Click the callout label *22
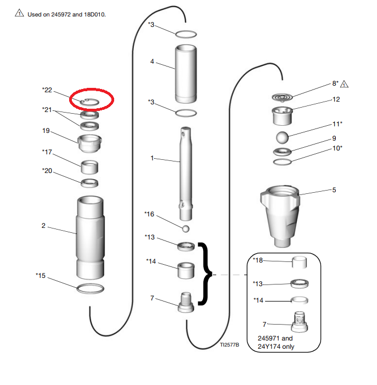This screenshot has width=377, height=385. coord(47,90)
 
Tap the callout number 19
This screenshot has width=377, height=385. coord(46,131)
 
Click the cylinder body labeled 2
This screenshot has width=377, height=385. coord(91,237)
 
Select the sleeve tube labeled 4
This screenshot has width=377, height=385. coord(185,74)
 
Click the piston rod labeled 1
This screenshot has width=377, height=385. coord(185,174)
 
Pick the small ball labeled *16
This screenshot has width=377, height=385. coord(185,229)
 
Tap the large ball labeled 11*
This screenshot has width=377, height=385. coord(282,137)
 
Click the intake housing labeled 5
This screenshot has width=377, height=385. coord(280,216)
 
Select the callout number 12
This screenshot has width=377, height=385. coord(336,99)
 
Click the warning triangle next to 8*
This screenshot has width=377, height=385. coord(345,84)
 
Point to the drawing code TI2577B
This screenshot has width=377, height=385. coord(229,345)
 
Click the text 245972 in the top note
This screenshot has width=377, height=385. coord(61,14)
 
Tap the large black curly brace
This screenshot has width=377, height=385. coord(206,274)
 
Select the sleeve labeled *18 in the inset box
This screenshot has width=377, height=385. coord(299,263)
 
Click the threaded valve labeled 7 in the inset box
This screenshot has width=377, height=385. coord(299,322)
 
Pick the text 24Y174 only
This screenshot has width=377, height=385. coord(276,347)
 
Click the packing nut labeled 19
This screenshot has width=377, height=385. coord(89,143)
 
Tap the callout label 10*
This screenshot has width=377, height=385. coord(337,148)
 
